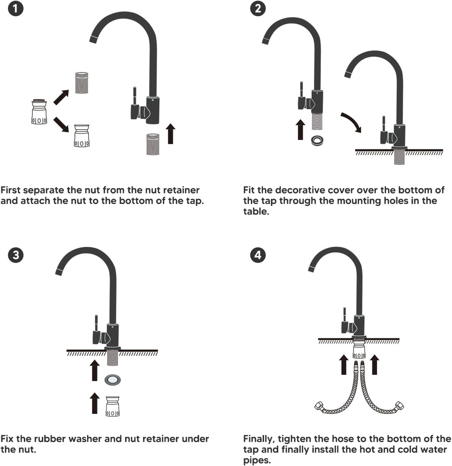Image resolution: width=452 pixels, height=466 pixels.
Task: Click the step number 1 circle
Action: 15,8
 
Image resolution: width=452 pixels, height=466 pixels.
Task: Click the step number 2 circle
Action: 258,8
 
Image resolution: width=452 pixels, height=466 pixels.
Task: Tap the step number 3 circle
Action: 16,255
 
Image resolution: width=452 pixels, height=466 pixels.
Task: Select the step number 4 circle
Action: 258,255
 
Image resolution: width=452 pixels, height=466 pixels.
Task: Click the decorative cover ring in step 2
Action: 317,140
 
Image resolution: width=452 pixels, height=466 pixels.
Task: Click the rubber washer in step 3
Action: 113,380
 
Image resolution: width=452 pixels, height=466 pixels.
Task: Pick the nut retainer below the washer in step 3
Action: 113,406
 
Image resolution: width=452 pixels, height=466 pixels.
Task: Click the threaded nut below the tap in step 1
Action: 153,144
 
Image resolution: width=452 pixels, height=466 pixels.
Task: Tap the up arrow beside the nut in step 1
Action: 170,134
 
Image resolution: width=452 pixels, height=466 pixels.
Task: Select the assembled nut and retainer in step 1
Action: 39,112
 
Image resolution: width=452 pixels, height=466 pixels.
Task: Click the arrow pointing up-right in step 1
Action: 61,97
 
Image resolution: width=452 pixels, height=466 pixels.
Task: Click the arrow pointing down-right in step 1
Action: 61,125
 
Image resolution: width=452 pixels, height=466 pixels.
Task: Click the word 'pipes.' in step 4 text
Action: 257,461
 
